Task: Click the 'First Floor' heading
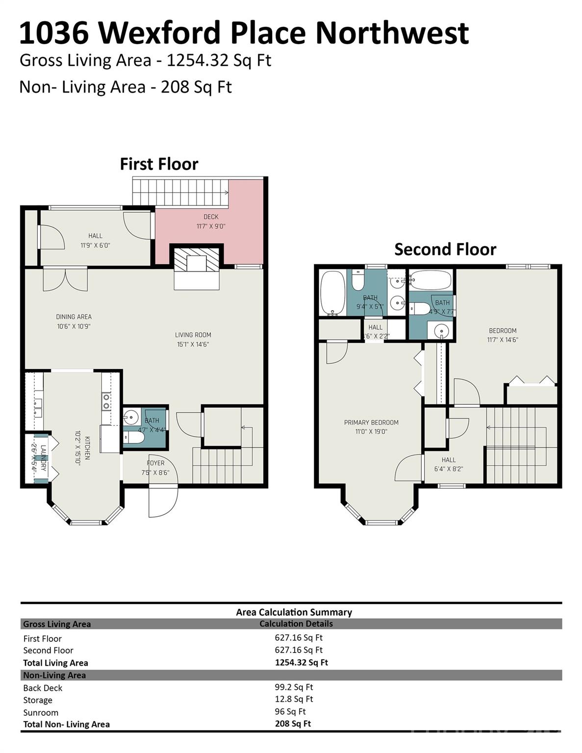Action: point(159,164)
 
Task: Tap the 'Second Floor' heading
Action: point(445,249)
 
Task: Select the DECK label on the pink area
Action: point(211,217)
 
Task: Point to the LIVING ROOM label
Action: point(193,335)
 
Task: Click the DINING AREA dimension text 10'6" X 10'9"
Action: point(74,326)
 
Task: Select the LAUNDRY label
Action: point(43,458)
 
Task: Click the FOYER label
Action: point(155,463)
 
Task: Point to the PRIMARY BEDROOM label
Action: point(371,422)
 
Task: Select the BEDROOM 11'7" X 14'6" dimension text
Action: point(503,340)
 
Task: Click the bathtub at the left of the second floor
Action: point(332,293)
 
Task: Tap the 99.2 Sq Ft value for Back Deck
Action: point(294,687)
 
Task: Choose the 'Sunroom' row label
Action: point(41,712)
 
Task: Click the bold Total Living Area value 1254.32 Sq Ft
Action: point(301,662)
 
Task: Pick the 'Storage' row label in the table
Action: point(38,700)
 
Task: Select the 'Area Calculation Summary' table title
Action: point(294,612)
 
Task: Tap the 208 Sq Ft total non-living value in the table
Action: point(293,724)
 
